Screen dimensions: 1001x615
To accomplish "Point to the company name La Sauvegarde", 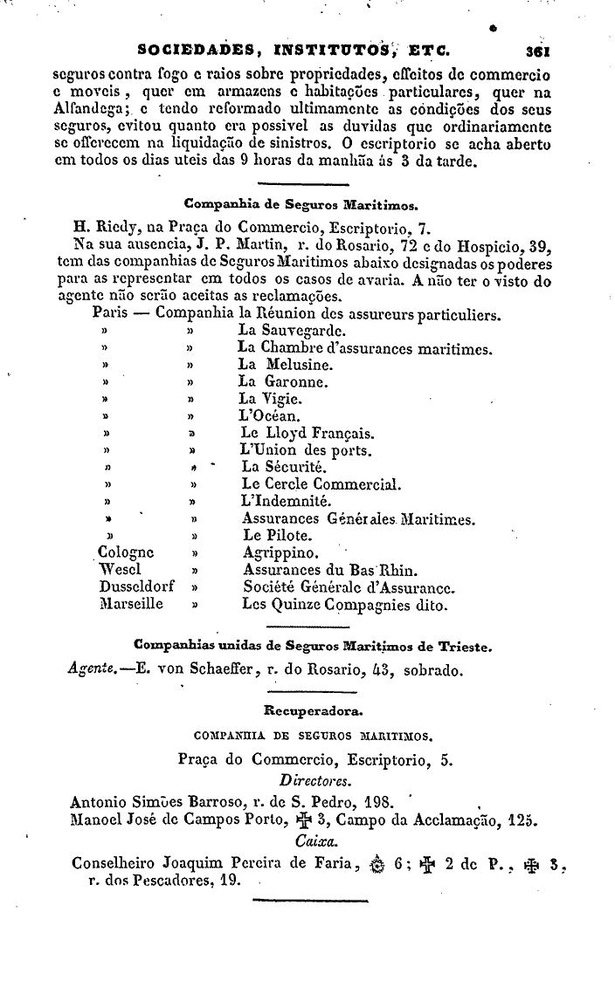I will pos(291,332).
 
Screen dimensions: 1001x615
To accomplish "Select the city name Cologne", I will pos(127,552).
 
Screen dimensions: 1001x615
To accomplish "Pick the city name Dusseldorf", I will pos(138,586).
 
